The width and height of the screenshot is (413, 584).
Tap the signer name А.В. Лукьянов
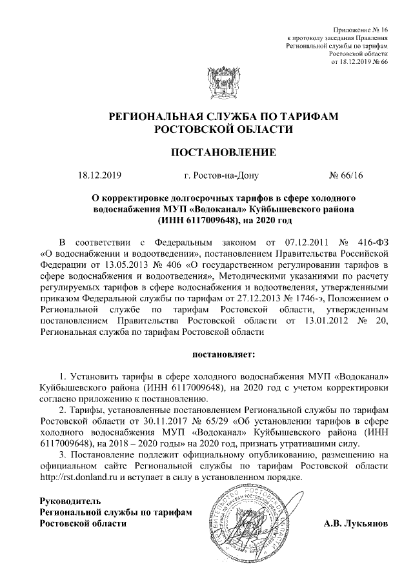tap(356, 523)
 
